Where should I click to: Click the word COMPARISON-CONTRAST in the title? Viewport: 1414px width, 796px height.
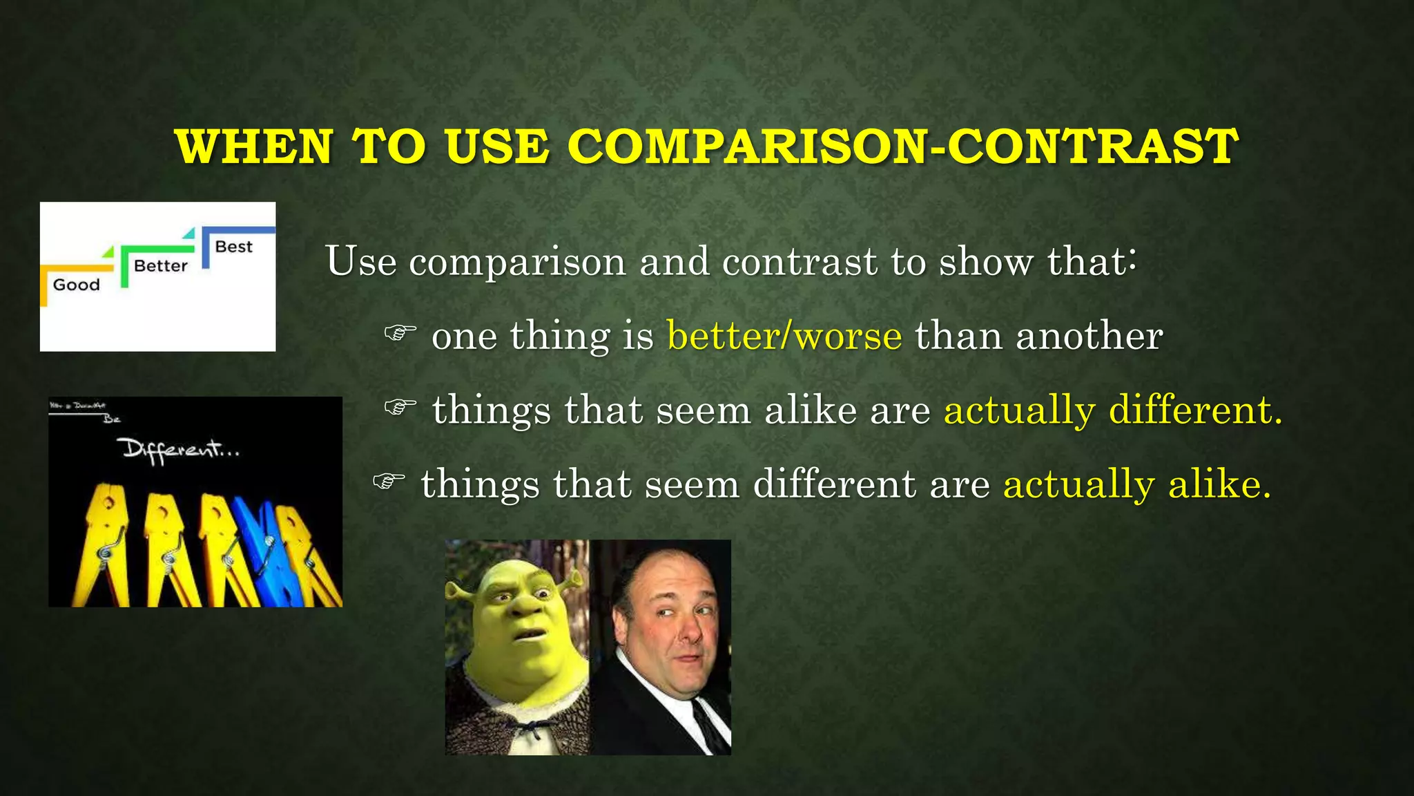click(903, 146)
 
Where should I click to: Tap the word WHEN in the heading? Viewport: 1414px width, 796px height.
click(255, 146)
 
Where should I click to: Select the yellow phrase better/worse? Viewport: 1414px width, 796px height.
click(784, 336)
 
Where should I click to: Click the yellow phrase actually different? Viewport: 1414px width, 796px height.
click(1112, 410)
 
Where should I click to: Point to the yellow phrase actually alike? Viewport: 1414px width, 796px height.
click(1136, 484)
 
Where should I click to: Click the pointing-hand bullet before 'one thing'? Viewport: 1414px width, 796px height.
click(400, 334)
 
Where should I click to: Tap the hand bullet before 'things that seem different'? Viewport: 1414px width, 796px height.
click(389, 481)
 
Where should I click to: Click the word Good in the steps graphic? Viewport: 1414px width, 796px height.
click(76, 285)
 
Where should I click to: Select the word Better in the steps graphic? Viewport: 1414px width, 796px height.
click(160, 266)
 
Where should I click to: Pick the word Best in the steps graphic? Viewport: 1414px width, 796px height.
click(233, 247)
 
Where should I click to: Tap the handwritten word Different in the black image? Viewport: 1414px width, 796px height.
click(180, 451)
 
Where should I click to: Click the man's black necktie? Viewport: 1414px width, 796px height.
click(711, 726)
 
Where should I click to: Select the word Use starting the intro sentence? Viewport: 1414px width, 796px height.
click(361, 261)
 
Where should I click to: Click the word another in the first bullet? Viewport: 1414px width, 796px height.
click(1089, 336)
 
